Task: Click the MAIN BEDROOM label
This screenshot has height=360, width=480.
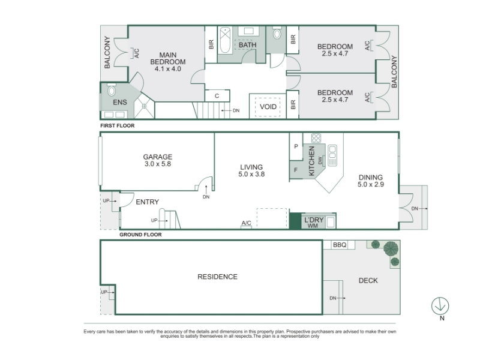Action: (x=168, y=58)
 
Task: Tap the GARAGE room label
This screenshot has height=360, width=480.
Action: (x=158, y=157)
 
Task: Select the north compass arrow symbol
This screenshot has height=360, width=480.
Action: (x=440, y=306)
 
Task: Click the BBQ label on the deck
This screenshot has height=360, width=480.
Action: (x=340, y=245)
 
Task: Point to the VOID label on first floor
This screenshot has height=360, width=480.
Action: (x=268, y=107)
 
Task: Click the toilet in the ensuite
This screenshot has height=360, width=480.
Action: (x=112, y=90)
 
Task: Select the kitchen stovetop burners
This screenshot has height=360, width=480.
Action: (x=316, y=138)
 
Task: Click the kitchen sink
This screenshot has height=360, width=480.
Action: (x=332, y=155)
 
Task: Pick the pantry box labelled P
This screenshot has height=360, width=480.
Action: (x=296, y=146)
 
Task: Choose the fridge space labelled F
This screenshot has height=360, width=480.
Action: (x=296, y=170)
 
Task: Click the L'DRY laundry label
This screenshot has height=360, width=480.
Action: (x=314, y=220)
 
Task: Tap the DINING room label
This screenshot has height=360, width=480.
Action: (x=371, y=177)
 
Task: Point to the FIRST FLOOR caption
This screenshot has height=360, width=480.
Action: (x=118, y=125)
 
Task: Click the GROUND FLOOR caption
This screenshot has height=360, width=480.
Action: (x=140, y=235)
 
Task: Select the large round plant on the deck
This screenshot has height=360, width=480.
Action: (x=391, y=248)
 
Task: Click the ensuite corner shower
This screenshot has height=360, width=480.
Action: (x=144, y=106)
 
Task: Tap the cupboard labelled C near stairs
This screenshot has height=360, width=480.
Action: (x=217, y=96)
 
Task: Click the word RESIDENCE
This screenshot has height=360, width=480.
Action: (x=217, y=277)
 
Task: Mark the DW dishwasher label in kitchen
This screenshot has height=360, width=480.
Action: (x=320, y=160)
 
